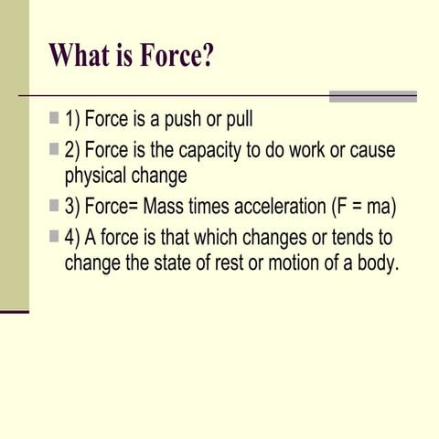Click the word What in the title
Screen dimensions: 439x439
80,55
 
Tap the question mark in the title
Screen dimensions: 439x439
208,55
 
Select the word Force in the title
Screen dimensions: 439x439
169,55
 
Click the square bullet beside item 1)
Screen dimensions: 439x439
54,118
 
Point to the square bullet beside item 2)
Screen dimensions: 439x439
54,149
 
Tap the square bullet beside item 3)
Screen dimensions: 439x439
54,206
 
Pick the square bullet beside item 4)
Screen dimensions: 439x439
54,237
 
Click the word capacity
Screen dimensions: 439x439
209,151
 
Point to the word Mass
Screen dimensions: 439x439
163,207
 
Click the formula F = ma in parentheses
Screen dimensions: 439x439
364,207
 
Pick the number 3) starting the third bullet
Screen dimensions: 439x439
72,207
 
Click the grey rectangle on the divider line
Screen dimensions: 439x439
373,96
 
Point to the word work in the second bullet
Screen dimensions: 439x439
306,150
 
